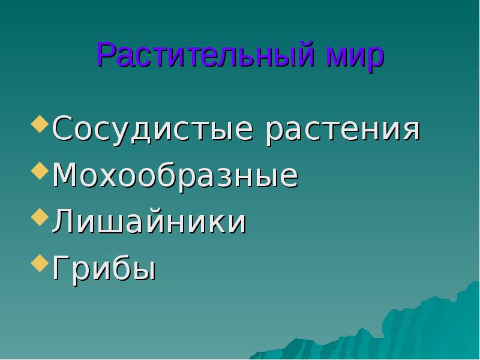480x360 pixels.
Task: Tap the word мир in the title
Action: (x=355, y=56)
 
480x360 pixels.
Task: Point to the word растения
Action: (x=342, y=129)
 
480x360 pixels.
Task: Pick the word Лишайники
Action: (x=149, y=222)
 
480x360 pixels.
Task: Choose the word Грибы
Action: (x=104, y=268)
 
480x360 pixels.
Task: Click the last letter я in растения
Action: (x=409, y=130)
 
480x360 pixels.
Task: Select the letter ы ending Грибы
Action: (x=144, y=270)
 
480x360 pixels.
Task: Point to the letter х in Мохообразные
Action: (x=114, y=177)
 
